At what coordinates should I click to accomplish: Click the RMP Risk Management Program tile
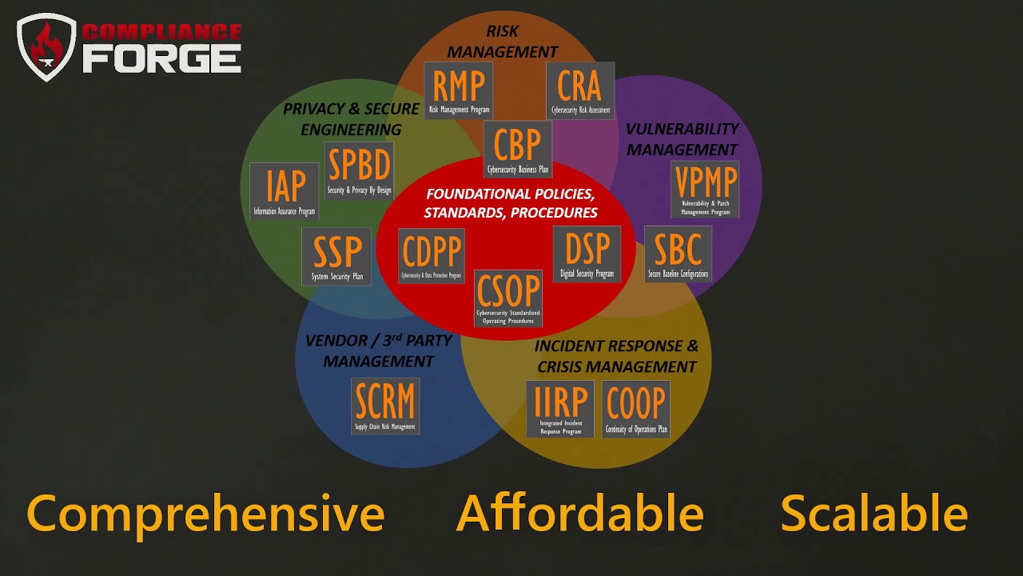click(x=458, y=90)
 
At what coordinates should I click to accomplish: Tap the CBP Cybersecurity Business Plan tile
click(x=518, y=150)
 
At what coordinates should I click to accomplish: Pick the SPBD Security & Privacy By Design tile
click(x=359, y=170)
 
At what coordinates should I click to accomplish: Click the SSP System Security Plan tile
click(x=336, y=256)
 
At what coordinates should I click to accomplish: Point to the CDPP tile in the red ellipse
click(x=432, y=256)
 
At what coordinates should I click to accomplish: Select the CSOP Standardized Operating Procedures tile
click(x=508, y=298)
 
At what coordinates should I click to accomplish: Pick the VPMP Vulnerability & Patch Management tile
click(x=705, y=189)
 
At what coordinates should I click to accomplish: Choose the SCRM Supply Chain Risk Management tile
click(x=385, y=406)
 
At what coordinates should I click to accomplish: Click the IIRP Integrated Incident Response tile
click(x=559, y=409)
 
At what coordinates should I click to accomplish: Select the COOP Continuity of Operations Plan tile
click(x=636, y=409)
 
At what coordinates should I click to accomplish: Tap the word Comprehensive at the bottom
click(x=205, y=513)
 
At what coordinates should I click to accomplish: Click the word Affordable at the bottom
click(x=579, y=513)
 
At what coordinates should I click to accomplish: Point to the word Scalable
click(x=874, y=513)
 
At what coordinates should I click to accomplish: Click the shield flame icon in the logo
click(x=46, y=48)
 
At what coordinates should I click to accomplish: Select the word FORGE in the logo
click(x=161, y=58)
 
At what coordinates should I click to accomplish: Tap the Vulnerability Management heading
click(x=682, y=139)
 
